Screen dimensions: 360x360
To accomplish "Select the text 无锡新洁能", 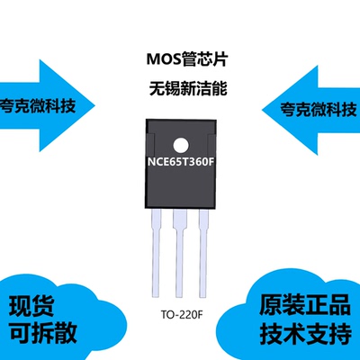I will [x=179, y=90].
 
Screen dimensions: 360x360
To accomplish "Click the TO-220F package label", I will [x=179, y=317].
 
